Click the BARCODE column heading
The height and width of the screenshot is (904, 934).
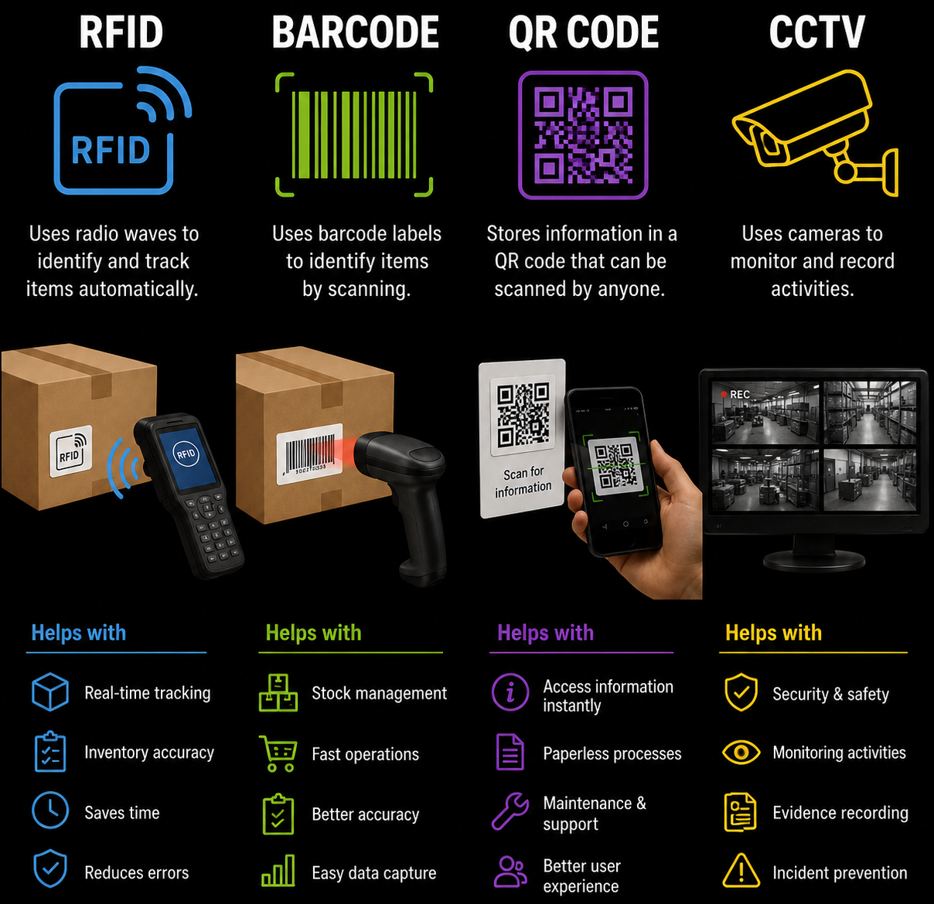355,32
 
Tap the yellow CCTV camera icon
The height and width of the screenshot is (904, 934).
814,133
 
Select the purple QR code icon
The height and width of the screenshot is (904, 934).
583,134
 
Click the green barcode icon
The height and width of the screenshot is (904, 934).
354,134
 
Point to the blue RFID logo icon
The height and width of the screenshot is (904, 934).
122,131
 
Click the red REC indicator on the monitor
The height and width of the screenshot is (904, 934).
723,395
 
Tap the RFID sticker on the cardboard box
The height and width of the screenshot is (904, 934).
71,450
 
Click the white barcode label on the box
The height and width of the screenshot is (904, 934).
309,454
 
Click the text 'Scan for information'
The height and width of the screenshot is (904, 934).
523,481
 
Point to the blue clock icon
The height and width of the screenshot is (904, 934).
50,811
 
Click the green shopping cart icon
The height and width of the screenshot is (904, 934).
278,753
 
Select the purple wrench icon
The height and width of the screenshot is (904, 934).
510,811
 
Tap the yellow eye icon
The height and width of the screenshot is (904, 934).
741,752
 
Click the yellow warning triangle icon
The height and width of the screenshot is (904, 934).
741,871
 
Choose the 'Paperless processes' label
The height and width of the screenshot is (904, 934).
612,753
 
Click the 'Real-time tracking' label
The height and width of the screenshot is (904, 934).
148,693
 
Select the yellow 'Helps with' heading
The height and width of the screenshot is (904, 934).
773,633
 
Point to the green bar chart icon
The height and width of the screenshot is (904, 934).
278,870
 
